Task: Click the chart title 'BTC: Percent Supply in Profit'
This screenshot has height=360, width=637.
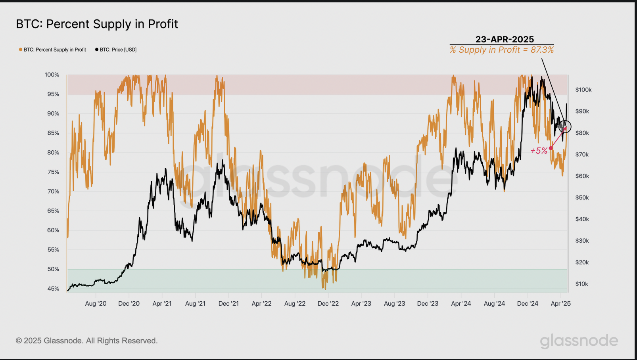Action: (x=97, y=24)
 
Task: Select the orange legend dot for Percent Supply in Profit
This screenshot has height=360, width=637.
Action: (x=21, y=50)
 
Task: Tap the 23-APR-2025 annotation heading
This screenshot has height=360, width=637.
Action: (x=505, y=39)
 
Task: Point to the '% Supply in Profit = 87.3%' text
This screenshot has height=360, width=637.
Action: (x=502, y=50)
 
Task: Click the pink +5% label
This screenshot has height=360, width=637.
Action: (x=539, y=151)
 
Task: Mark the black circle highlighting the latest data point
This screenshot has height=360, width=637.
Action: (x=565, y=126)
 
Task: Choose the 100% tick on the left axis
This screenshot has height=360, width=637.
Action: (x=52, y=75)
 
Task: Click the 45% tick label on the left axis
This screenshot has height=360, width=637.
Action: (x=53, y=289)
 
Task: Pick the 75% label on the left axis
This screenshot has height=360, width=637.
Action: (x=53, y=172)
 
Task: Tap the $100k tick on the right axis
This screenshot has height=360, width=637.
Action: (x=583, y=90)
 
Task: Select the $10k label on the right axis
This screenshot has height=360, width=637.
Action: (x=582, y=284)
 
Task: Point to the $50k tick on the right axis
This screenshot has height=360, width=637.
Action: (x=582, y=197)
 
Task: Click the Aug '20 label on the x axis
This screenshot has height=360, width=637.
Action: (x=96, y=304)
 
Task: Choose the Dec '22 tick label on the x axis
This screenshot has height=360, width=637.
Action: (x=328, y=304)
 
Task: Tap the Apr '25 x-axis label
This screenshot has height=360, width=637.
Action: (x=560, y=304)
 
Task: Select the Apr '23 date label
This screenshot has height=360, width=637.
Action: (x=361, y=304)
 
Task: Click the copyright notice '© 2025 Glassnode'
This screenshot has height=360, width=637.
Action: (x=86, y=341)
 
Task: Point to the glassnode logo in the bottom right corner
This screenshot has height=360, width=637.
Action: (x=579, y=341)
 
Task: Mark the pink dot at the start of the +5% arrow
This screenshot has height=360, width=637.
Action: (x=551, y=148)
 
